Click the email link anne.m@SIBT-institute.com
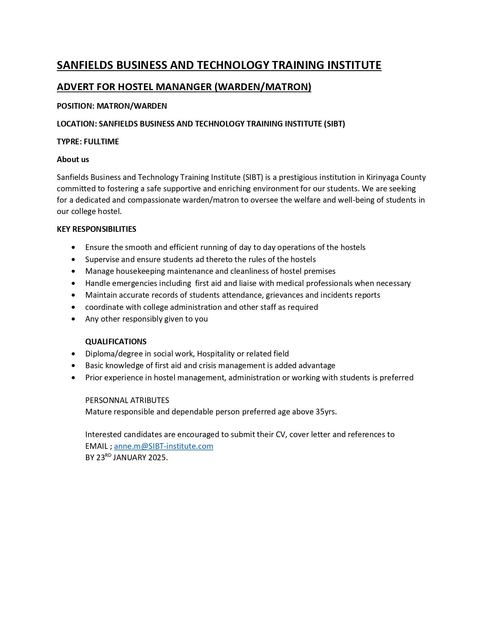click(x=163, y=446)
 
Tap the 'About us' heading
click(x=73, y=159)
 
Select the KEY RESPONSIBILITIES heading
click(x=96, y=229)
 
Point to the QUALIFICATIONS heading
click(x=116, y=342)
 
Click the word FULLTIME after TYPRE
click(x=101, y=142)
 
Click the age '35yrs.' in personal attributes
click(x=326, y=412)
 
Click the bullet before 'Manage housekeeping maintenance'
click(x=73, y=272)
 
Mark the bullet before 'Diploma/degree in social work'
click(x=73, y=354)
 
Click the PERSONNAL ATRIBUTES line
click(x=127, y=400)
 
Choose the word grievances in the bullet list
click(x=284, y=295)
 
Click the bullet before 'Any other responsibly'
click(x=73, y=319)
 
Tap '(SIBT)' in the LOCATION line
click(x=334, y=124)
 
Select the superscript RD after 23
click(x=108, y=455)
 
